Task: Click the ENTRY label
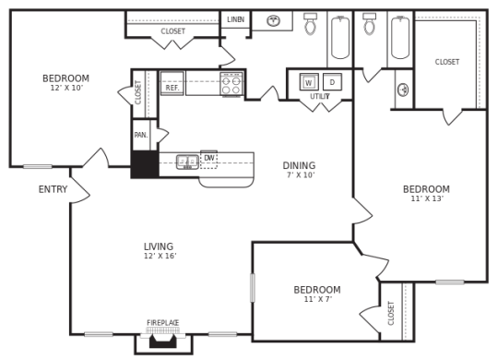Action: pos(53,189)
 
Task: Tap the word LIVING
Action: pos(159,246)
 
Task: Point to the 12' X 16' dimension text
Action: pos(159,257)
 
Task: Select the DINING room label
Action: pos(299,166)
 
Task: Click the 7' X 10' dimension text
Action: pos(299,175)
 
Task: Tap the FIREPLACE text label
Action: pos(163,323)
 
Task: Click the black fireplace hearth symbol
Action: pos(163,341)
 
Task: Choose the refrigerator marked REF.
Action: pos(172,84)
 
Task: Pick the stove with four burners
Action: pos(231,85)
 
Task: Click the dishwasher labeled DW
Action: pos(209,159)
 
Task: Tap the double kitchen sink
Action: pos(187,162)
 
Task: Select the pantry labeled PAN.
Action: pos(140,135)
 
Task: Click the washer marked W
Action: pos(309,82)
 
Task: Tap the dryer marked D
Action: pos(332,82)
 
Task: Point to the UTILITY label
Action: pos(320,96)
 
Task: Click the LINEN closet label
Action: pos(235,19)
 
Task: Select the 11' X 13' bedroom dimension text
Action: pos(426,198)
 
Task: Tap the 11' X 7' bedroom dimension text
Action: pos(316,299)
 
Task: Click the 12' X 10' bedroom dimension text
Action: pos(65,88)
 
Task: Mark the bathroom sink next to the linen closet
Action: pos(274,20)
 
